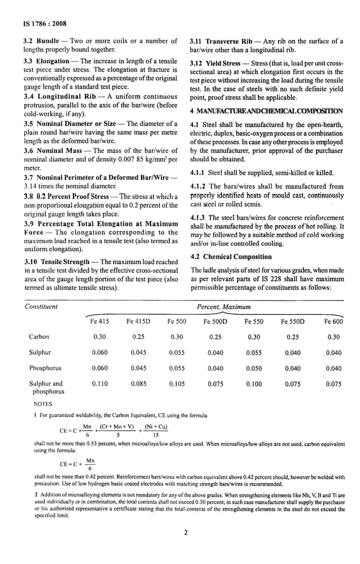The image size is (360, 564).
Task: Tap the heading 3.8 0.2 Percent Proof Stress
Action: click(66, 196)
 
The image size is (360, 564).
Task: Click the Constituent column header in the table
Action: click(41, 306)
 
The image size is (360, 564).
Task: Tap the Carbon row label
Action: click(39, 337)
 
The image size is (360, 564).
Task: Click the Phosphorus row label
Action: click(45, 368)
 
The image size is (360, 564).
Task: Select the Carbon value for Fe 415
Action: click(100, 337)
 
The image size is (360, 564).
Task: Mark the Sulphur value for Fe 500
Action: click(177, 352)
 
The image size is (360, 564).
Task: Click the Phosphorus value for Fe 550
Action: click(254, 368)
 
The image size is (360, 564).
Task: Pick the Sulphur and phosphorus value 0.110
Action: click(100, 384)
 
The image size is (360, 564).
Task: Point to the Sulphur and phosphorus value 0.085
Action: click(139, 384)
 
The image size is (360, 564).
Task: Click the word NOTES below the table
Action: click(43, 404)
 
